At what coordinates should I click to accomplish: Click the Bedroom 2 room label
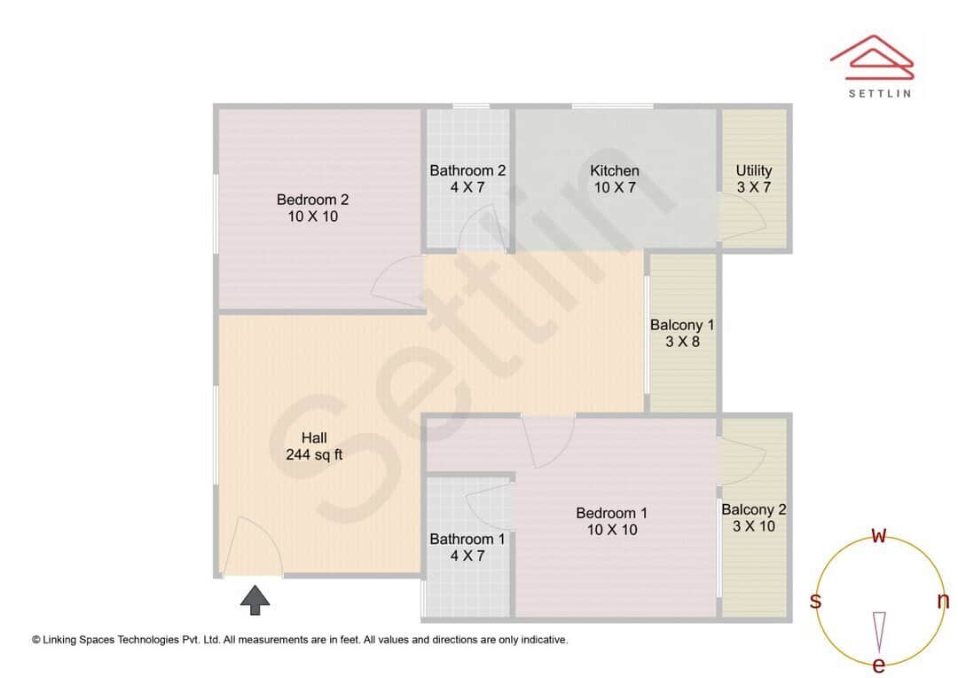click(x=306, y=200)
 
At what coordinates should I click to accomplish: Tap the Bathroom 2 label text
click(x=467, y=170)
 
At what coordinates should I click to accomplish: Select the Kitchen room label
click(x=615, y=170)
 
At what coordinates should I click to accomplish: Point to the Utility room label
click(x=754, y=170)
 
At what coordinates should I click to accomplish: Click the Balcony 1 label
click(x=682, y=325)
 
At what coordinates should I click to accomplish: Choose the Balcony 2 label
click(x=754, y=509)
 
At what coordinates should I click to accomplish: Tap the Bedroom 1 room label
click(x=611, y=513)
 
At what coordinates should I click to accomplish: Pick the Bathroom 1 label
click(x=467, y=539)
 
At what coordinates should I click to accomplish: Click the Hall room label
click(x=314, y=438)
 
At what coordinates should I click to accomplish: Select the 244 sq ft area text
click(x=314, y=455)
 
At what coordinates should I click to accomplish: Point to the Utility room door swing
click(x=739, y=217)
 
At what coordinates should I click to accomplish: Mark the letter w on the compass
click(x=879, y=536)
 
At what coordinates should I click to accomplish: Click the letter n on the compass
click(x=943, y=601)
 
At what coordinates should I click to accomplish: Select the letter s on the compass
click(x=815, y=601)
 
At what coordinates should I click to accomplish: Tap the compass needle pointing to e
click(x=879, y=630)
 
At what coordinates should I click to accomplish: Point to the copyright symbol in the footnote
click(x=36, y=639)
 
